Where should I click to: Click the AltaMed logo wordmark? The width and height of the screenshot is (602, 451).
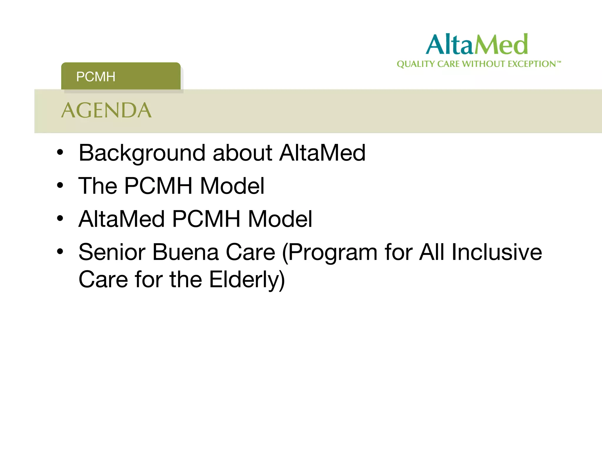click(476, 45)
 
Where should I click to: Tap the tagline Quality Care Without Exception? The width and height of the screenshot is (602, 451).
click(478, 64)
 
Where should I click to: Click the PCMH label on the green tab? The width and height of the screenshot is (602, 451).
click(96, 77)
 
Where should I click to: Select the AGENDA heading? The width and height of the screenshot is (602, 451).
click(106, 111)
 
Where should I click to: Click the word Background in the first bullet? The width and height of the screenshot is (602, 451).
click(142, 153)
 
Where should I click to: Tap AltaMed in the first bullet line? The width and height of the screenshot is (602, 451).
click(322, 153)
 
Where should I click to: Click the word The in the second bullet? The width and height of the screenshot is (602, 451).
click(98, 186)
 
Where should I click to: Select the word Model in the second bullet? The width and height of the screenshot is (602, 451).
click(232, 186)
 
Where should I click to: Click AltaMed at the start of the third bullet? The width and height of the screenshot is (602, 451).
click(121, 219)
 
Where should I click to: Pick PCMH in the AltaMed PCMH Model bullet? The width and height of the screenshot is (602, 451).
click(206, 219)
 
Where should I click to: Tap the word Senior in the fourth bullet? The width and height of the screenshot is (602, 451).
click(112, 252)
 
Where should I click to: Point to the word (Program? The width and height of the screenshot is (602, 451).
click(330, 252)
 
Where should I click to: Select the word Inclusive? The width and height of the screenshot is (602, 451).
click(497, 252)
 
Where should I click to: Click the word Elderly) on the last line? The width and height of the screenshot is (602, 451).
click(247, 280)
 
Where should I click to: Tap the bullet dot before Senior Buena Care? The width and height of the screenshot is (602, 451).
click(60, 252)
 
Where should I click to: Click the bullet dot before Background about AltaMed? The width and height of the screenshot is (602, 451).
click(60, 152)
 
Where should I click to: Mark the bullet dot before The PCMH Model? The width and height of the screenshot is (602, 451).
click(60, 185)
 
